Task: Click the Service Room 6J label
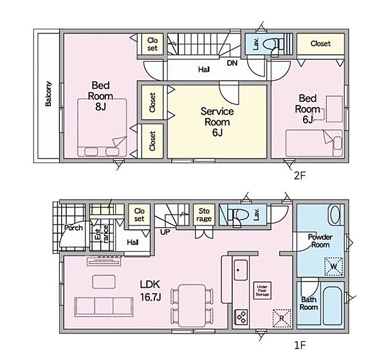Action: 217,122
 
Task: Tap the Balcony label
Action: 48,94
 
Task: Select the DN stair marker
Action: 232,63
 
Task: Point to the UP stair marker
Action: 165,232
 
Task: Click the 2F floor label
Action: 300,176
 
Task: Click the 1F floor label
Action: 300,346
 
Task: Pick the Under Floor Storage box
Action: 262,290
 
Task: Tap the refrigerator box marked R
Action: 282,318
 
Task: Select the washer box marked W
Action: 333,267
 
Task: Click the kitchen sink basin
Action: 241,270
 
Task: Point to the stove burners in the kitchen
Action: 241,317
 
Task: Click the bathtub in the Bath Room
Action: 333,306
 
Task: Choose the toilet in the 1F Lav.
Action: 236,215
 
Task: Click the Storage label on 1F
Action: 204,215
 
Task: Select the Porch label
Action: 73,228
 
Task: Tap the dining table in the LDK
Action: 192,305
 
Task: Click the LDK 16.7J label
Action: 151,291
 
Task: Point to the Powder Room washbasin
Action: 334,215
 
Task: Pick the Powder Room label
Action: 320,241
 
